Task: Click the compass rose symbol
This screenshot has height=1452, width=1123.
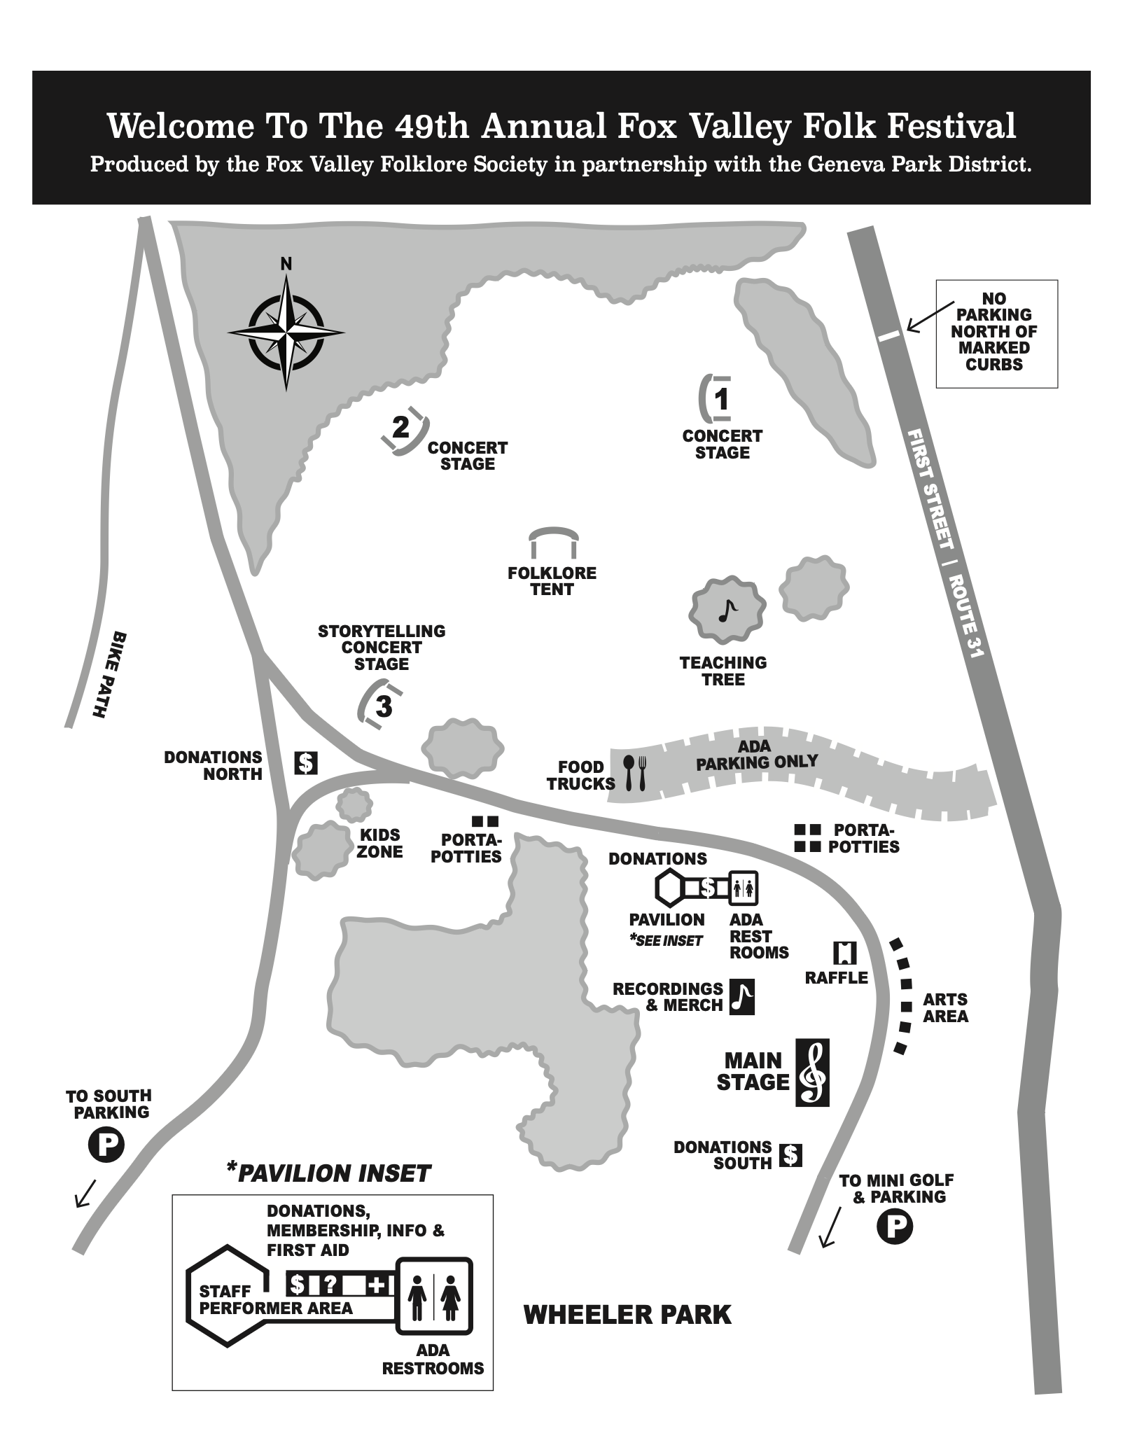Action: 286,333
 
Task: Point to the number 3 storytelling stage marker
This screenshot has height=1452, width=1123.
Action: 384,707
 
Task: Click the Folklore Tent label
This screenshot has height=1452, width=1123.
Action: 552,581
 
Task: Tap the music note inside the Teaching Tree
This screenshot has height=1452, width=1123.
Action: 727,611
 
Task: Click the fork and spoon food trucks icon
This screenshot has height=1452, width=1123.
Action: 636,773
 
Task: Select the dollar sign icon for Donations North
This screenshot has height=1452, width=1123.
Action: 305,762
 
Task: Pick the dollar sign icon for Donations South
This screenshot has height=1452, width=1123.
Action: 790,1154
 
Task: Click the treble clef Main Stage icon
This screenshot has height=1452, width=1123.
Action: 812,1072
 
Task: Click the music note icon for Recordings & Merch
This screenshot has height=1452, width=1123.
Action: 742,996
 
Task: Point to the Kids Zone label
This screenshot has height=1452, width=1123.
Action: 380,843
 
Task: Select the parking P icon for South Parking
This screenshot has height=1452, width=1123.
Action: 106,1145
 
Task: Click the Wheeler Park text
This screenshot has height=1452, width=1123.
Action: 627,1315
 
